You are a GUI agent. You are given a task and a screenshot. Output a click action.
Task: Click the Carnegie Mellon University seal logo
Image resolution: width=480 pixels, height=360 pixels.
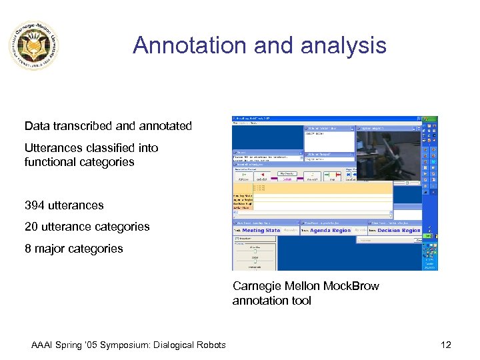pos(34,45)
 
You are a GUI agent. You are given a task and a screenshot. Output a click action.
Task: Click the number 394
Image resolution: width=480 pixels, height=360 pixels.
pos(34,205)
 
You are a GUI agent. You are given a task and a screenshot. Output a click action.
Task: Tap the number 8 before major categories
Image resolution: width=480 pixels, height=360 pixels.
pos(28,249)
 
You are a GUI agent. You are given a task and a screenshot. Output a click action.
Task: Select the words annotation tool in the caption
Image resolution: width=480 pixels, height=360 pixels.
pos(271,301)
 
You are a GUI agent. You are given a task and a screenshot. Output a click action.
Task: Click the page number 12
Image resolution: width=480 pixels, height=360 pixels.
pos(446,345)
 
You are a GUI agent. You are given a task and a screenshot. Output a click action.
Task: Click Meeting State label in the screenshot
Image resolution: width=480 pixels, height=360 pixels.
pos(261,231)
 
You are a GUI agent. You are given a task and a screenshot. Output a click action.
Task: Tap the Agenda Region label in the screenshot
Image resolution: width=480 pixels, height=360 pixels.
pos(330,231)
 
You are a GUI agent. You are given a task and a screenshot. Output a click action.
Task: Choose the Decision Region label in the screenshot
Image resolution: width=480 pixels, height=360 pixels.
pos(399,231)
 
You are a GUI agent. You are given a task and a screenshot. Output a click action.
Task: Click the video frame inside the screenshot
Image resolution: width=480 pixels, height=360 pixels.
pos(387,157)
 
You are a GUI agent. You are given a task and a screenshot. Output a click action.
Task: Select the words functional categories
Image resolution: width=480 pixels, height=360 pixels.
pos(79,162)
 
